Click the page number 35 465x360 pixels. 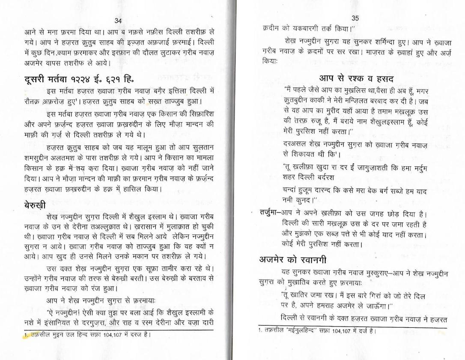tap(355, 18)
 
